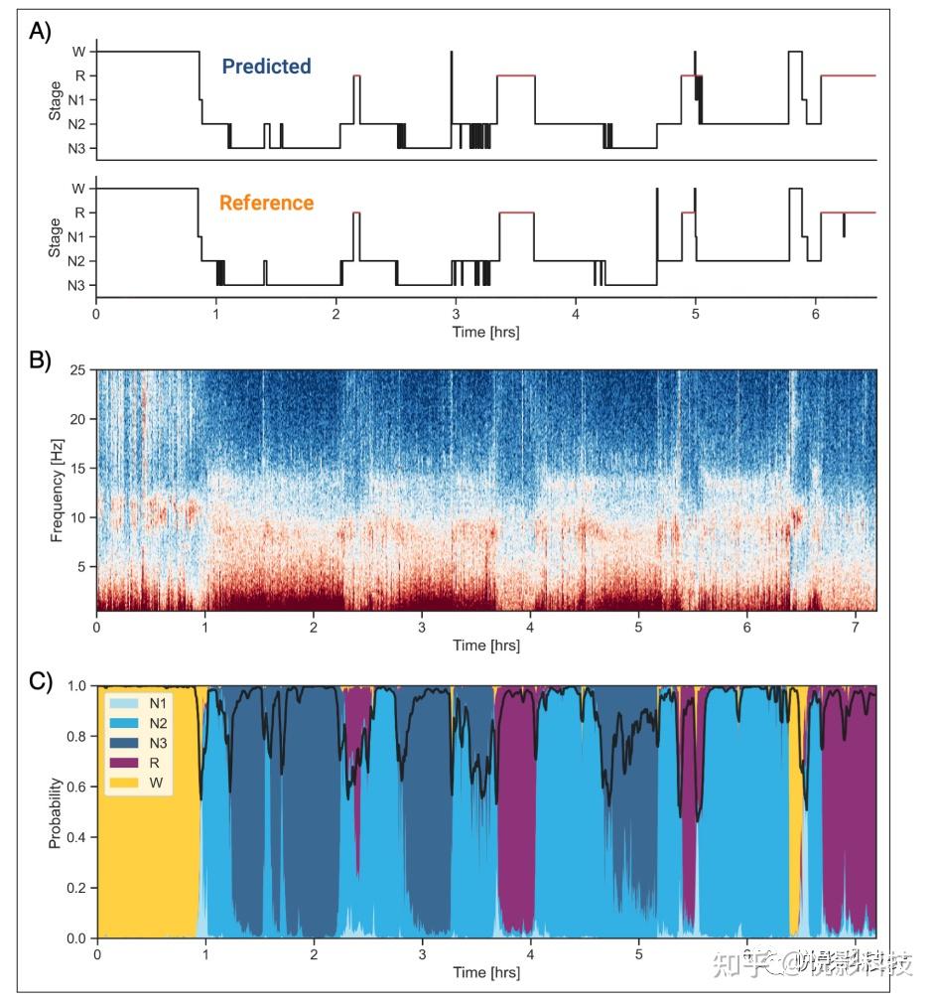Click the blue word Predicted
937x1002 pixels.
266,67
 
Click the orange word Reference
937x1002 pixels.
266,203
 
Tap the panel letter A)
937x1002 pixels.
41,31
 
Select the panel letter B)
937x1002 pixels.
41,360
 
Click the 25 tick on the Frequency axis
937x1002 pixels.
77,371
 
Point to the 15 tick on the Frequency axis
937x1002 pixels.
77,469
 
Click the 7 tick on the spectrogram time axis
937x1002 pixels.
857,629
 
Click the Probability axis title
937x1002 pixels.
57,811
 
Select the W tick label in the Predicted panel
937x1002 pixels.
77,52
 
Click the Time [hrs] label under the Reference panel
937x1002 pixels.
485,332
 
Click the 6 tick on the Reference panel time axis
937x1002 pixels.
816,315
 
